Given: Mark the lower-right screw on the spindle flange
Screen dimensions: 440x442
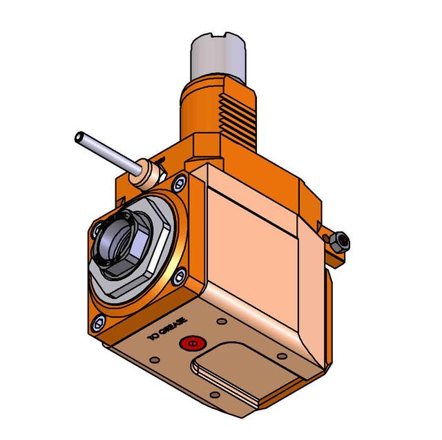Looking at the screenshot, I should pyautogui.click(x=178, y=276).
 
